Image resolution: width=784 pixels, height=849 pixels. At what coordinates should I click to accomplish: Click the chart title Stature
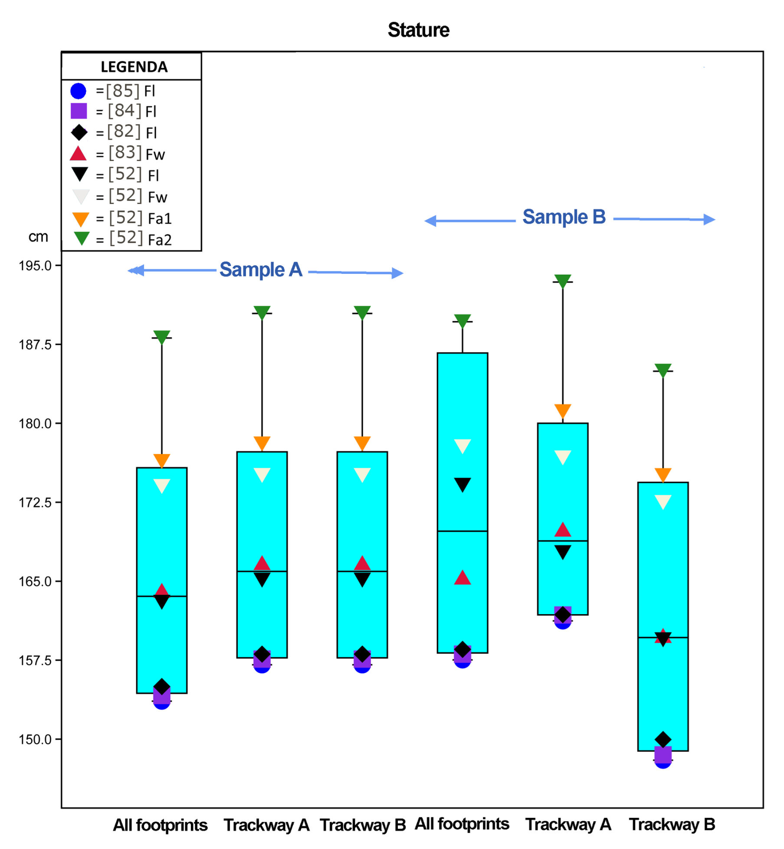(418, 30)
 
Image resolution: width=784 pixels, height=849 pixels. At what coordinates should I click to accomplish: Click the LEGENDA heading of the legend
(134, 67)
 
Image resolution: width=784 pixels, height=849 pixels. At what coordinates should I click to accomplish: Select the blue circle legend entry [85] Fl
(79, 91)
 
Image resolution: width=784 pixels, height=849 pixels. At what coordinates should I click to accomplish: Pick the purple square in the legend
(79, 111)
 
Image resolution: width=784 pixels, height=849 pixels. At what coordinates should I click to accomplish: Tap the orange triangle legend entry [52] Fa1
(81, 218)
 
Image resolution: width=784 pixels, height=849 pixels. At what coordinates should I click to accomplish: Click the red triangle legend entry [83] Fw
(78, 154)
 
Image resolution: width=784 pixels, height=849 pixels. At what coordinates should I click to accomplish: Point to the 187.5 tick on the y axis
(35, 345)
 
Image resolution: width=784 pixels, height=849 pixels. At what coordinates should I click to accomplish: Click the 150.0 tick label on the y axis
(35, 739)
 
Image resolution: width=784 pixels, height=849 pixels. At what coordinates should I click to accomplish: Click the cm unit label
(38, 237)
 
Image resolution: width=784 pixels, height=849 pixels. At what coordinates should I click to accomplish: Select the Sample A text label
(260, 270)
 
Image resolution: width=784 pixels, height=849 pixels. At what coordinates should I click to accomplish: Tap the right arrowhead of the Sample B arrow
(709, 220)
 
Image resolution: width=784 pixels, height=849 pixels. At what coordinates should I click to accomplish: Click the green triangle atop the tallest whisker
(562, 281)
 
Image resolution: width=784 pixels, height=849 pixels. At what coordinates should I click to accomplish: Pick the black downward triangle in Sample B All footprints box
(462, 484)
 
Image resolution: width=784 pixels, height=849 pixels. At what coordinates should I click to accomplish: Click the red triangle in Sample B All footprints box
(462, 578)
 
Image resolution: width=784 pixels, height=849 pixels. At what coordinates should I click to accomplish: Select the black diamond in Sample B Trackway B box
(663, 739)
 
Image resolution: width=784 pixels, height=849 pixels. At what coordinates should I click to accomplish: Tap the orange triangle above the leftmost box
(161, 460)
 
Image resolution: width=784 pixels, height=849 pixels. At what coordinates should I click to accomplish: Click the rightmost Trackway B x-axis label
(672, 824)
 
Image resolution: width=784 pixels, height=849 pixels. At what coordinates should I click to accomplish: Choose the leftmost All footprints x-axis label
(160, 825)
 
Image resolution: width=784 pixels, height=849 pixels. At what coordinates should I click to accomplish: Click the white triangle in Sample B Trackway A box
(562, 457)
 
